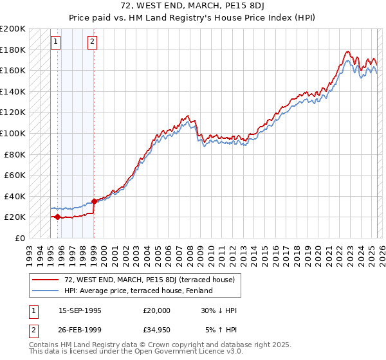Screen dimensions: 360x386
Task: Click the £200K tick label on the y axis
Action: tap(13, 29)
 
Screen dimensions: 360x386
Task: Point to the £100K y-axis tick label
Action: tap(13, 133)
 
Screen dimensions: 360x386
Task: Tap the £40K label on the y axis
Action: tap(15, 196)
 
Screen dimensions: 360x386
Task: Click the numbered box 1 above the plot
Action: tap(56, 42)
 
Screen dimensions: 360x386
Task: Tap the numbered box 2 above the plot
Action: tap(93, 42)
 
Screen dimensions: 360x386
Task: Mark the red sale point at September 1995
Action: tap(58, 217)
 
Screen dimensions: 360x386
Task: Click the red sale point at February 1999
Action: tap(95, 201)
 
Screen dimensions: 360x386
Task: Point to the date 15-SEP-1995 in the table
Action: tap(80, 310)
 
